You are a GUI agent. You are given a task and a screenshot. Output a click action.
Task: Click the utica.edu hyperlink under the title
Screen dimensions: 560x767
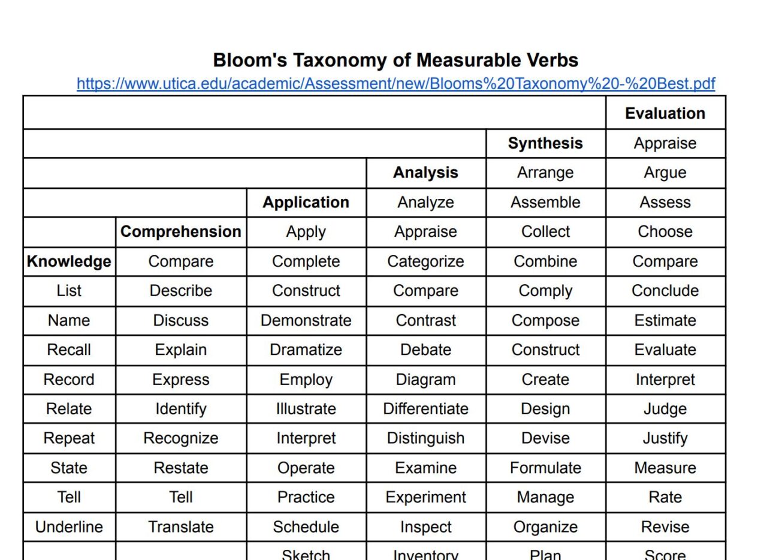[x=395, y=84]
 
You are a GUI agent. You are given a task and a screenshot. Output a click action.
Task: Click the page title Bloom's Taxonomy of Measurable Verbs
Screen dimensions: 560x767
[x=395, y=60]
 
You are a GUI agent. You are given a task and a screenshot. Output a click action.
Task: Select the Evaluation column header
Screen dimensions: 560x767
[x=665, y=113]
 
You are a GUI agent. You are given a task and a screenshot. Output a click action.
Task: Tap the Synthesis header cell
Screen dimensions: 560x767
[x=545, y=143]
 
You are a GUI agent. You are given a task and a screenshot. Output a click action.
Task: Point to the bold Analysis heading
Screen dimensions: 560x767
[x=425, y=173]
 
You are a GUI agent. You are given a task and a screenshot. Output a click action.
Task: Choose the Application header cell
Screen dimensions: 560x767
[x=306, y=202]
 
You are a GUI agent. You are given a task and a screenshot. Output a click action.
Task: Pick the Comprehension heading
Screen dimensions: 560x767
[x=180, y=231]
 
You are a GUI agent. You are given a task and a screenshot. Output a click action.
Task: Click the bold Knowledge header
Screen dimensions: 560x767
[x=69, y=261]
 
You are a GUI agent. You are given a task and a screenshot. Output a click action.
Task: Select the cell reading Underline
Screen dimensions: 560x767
[x=69, y=527]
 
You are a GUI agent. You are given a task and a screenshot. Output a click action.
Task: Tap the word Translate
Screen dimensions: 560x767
[x=180, y=527]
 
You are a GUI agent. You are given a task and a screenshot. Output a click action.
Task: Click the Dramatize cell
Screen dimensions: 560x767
[x=306, y=350]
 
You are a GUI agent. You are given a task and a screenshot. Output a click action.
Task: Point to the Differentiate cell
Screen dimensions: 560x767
[x=425, y=409]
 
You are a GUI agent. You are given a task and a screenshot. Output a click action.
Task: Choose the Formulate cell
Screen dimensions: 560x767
[x=545, y=468]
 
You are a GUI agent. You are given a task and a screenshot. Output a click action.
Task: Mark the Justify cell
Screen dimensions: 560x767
[x=665, y=438]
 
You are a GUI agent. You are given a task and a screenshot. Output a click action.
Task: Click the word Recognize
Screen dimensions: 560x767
[x=180, y=438]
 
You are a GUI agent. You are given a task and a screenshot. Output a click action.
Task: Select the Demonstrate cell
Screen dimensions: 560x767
[x=306, y=320]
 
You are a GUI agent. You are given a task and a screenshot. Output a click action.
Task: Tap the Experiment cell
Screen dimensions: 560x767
[x=425, y=497]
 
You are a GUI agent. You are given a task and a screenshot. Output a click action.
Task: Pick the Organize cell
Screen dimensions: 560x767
[x=545, y=527]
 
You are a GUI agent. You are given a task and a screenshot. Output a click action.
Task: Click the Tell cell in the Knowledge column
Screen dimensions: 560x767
[x=69, y=497]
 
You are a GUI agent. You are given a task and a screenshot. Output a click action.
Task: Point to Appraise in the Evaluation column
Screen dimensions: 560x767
[x=665, y=143]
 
